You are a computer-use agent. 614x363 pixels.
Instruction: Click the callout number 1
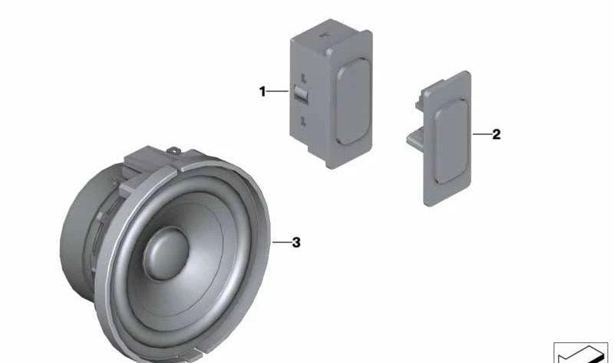click(x=262, y=91)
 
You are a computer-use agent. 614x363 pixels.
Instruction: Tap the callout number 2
click(x=496, y=134)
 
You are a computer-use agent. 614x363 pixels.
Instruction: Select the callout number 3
click(x=296, y=243)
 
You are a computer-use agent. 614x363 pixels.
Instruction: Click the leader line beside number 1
click(x=278, y=91)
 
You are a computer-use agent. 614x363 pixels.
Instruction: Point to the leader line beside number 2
click(x=482, y=134)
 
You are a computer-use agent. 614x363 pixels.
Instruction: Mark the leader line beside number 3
click(x=282, y=243)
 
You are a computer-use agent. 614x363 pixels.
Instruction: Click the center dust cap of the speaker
click(x=166, y=253)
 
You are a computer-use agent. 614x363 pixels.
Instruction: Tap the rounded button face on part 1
click(x=353, y=101)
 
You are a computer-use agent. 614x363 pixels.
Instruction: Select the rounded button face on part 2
click(x=451, y=141)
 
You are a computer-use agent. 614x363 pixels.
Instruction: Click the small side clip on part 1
click(x=301, y=95)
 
